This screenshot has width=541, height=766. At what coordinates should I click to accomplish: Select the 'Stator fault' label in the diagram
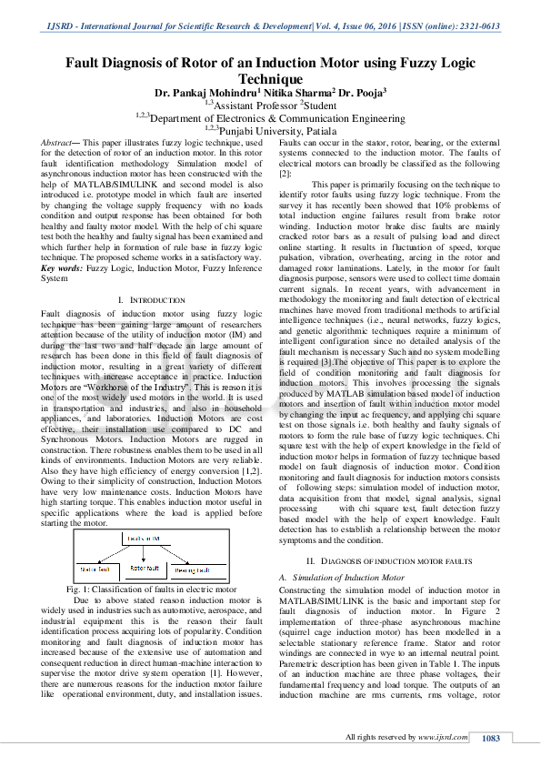pyautogui.click(x=95, y=569)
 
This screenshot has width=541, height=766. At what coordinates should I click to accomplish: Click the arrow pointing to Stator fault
pyautogui.click(x=95, y=559)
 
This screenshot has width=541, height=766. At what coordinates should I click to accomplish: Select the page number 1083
pyautogui.click(x=492, y=738)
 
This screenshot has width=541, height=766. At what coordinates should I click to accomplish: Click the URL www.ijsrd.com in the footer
pyautogui.click(x=444, y=738)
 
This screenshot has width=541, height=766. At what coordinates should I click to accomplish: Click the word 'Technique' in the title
pyautogui.click(x=270, y=79)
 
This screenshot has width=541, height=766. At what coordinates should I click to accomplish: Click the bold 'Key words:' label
pyautogui.click(x=63, y=268)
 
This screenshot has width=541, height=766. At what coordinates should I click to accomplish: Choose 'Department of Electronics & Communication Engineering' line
pyautogui.click(x=270, y=117)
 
